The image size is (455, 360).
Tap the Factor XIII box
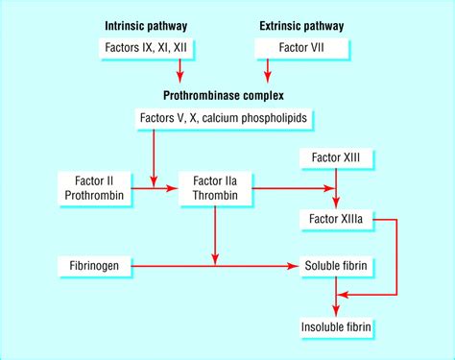335,156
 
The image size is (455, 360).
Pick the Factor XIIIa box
335,220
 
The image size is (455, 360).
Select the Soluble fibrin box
335,262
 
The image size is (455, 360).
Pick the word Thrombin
214,196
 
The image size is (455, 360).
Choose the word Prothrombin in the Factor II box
93,196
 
